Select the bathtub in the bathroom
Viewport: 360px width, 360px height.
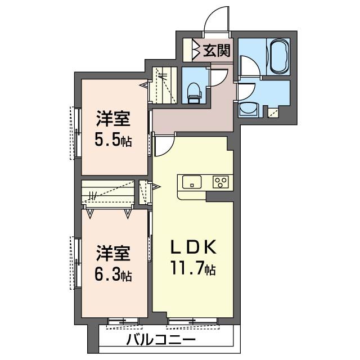tap(278, 56)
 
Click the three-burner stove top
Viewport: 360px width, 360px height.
tap(220, 182)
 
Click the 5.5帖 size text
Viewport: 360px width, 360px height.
tap(113, 141)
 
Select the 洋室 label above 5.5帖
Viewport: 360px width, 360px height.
tap(113, 120)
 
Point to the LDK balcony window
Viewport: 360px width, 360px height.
tap(192, 321)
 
